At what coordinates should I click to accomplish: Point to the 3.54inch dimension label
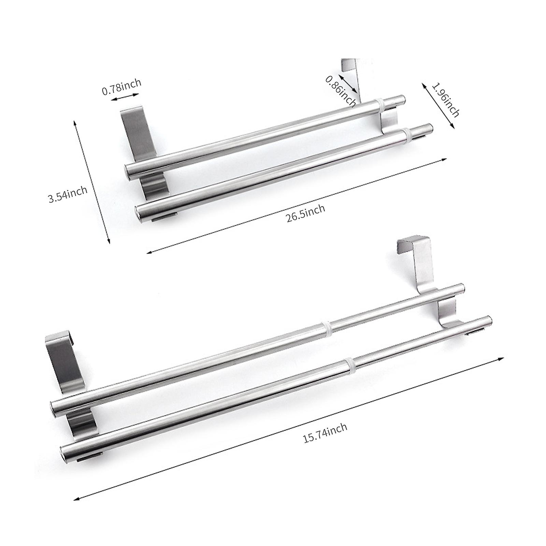click(68, 195)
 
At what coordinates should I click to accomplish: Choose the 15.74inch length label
click(325, 433)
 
